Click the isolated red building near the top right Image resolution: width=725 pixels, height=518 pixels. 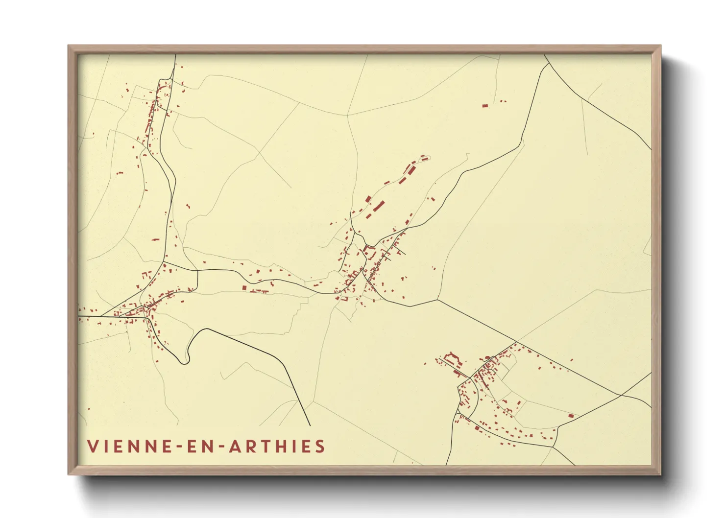[485, 105]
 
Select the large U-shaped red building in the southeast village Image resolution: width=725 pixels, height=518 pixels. [453, 358]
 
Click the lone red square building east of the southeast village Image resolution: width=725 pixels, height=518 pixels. [571, 415]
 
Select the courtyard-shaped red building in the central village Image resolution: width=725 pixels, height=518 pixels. [369, 252]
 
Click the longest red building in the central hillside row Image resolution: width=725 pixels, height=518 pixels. [379, 206]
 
